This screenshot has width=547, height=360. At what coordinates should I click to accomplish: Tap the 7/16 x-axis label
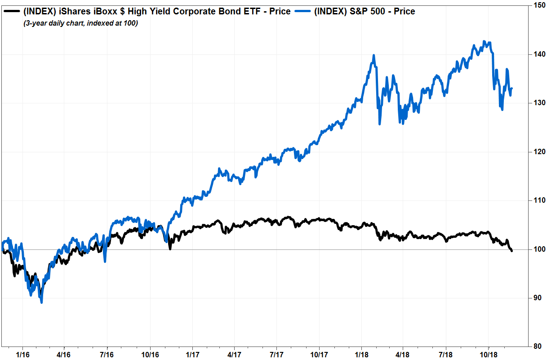(x=107, y=354)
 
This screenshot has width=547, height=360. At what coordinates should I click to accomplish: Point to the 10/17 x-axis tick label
(x=319, y=354)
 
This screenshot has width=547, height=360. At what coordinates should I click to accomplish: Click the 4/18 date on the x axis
(x=402, y=354)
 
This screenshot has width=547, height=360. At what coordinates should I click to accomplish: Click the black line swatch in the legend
(x=11, y=11)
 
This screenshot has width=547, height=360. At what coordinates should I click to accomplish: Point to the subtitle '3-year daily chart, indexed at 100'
(x=81, y=23)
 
